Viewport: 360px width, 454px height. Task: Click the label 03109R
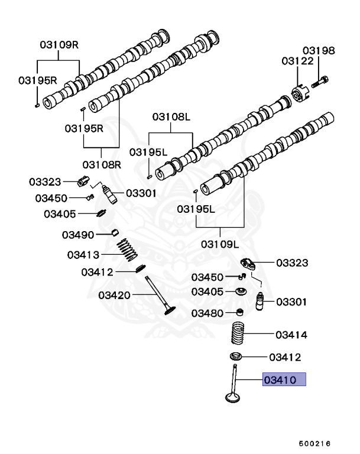60,44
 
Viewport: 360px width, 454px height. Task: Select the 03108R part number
101,164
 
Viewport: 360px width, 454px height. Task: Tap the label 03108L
171,117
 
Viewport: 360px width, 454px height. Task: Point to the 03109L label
219,244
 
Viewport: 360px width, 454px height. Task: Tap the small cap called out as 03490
116,231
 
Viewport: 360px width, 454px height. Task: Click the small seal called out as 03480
239,312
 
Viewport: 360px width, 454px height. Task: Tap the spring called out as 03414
240,335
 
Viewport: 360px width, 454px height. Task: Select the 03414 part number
291,335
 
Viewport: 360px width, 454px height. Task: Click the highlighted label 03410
284,379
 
